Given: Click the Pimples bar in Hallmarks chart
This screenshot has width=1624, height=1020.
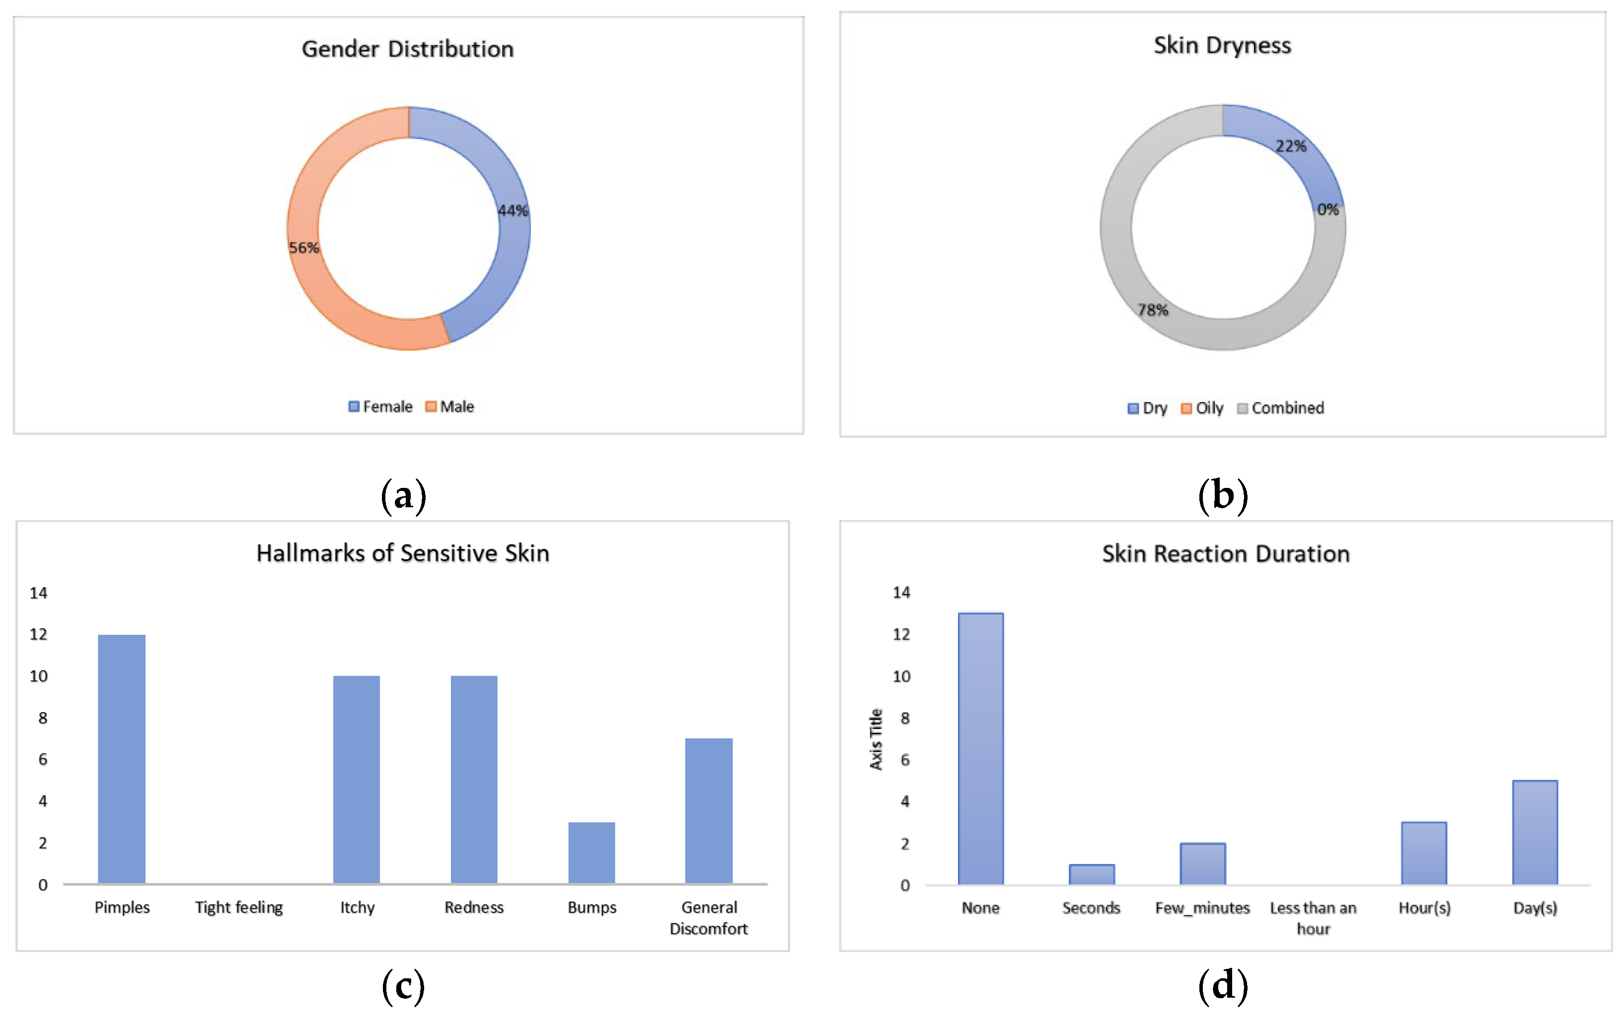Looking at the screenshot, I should [121, 758].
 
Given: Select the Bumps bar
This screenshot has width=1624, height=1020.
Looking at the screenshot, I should [591, 852].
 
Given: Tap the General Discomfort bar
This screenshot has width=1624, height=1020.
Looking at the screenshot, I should [709, 811].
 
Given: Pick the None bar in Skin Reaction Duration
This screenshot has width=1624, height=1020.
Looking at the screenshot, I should [980, 748].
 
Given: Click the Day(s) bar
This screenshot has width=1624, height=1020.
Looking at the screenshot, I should [1535, 832].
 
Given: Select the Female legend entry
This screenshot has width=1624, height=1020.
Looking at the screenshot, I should [380, 407].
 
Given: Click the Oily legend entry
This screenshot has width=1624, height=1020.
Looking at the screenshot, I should [1202, 408].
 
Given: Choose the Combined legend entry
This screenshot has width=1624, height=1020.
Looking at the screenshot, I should [1281, 408].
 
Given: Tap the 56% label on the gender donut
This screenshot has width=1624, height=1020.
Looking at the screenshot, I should [303, 247].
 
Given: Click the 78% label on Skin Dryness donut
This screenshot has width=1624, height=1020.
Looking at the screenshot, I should [1153, 310].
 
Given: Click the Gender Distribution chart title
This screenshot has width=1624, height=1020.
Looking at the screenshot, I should [407, 49].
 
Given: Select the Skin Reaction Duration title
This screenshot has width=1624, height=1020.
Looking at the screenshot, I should [1225, 553].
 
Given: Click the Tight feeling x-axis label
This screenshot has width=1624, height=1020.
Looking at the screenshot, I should [239, 907].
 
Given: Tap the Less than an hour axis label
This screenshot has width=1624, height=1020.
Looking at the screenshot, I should [1313, 918].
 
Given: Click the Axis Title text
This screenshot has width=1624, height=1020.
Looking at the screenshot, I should [876, 739].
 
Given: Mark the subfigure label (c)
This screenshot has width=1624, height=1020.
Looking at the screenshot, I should [403, 986].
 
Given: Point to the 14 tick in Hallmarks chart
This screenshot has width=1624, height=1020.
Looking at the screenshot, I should [38, 593].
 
